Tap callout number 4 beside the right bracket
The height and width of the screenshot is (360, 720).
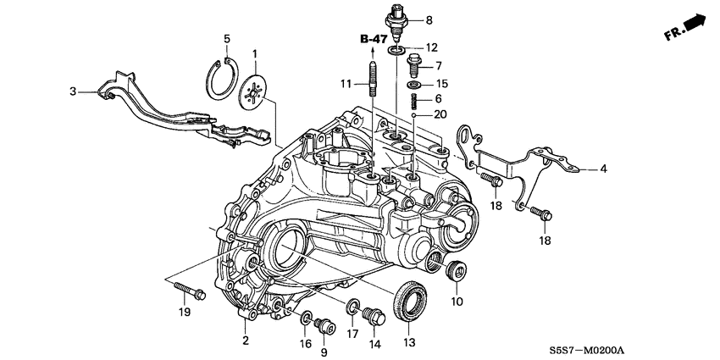603,169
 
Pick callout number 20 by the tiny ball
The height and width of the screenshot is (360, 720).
440,114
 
